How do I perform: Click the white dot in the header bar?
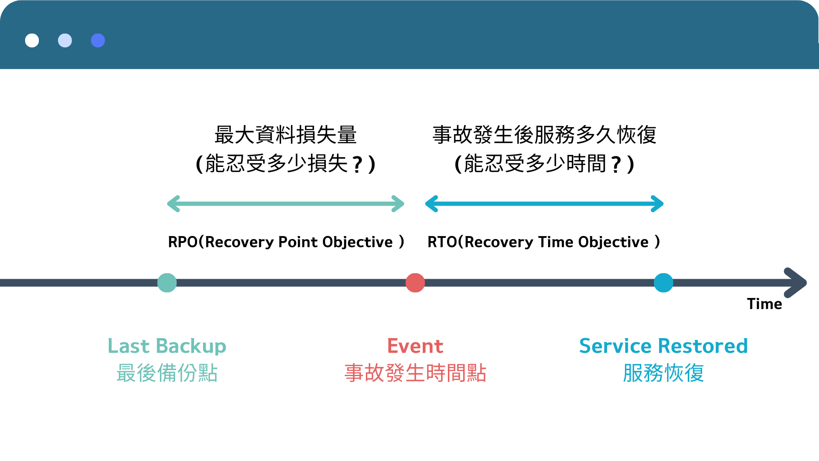(32, 41)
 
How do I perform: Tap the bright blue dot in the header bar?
(98, 41)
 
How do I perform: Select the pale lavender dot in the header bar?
(65, 41)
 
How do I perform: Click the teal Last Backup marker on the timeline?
(167, 283)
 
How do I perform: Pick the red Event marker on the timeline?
(415, 283)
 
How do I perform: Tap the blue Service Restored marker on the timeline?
(663, 283)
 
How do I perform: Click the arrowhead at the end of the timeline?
(797, 283)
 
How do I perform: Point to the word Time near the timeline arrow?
(764, 304)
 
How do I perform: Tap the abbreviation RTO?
(442, 242)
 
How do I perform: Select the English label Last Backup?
(167, 346)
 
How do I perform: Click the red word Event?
(415, 346)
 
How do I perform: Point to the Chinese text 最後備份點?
(167, 373)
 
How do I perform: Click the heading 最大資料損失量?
(285, 135)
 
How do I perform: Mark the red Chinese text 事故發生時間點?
(415, 373)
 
